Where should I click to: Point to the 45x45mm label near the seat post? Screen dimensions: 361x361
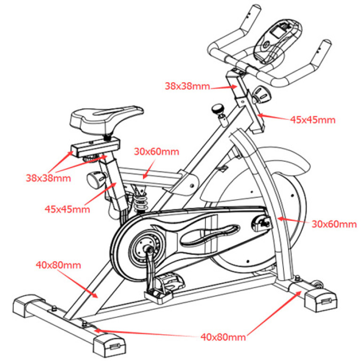tap(68, 209)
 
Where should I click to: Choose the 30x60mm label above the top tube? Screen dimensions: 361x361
tap(157, 151)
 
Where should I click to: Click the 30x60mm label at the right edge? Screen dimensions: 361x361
tap(334, 224)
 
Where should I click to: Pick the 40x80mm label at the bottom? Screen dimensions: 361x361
tap(223, 337)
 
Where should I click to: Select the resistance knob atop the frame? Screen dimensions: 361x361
tap(218, 109)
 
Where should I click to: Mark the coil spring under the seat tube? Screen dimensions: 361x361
tap(140, 201)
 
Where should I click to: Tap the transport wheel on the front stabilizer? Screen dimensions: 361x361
tap(320, 284)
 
